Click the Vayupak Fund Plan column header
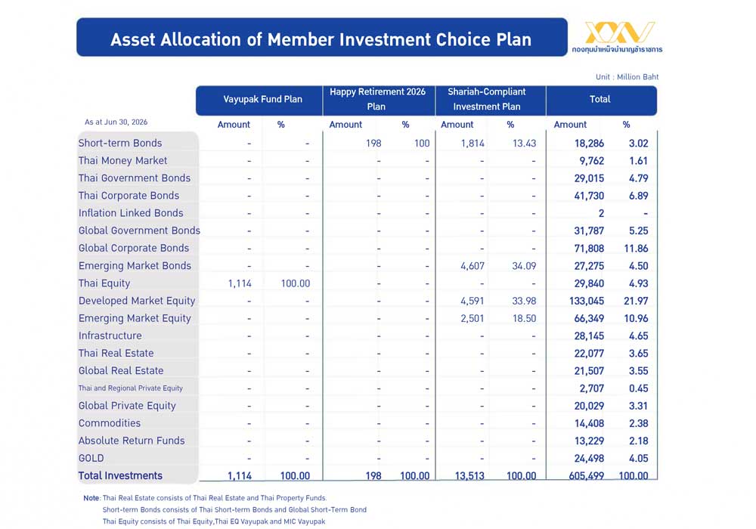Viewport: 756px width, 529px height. (262, 99)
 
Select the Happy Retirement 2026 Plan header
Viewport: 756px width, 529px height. (377, 99)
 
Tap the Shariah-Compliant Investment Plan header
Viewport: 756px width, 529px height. (486, 99)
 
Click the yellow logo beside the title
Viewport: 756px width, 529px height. (620, 32)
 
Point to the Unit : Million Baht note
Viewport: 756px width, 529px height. (627, 76)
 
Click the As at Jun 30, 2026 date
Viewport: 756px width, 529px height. (116, 122)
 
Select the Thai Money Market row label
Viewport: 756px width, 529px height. (122, 160)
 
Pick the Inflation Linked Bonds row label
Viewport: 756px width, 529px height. (131, 213)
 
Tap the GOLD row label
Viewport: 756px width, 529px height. (91, 458)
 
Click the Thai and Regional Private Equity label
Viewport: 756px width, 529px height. (131, 388)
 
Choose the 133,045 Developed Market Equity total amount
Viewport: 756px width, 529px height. (587, 301)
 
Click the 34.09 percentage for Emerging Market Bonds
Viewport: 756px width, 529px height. (524, 266)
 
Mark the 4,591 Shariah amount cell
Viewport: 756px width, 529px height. (472, 301)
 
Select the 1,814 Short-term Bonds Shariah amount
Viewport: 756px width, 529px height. (472, 143)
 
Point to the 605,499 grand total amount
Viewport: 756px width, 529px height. (587, 476)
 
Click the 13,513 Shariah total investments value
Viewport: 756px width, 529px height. (469, 476)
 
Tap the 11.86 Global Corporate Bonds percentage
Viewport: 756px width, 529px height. (636, 249)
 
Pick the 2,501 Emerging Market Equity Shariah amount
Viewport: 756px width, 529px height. (472, 318)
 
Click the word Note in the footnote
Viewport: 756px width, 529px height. (91, 498)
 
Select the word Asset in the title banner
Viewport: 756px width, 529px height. (132, 39)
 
